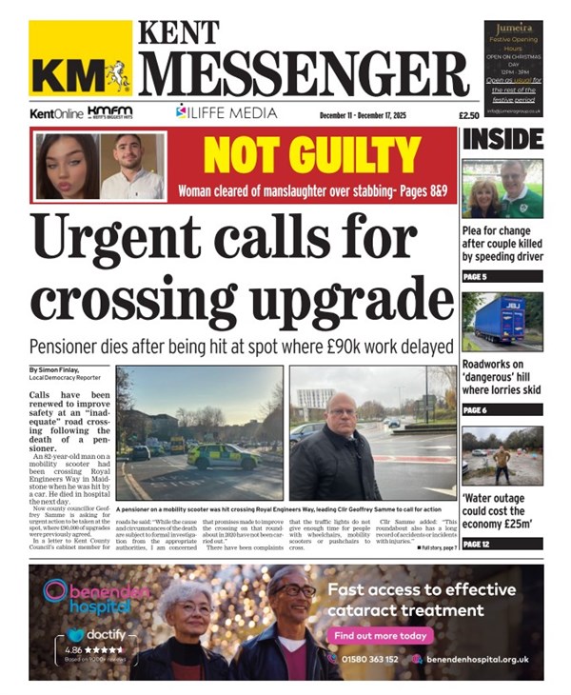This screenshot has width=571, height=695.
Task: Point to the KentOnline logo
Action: point(56,113)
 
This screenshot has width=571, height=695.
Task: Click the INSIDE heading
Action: point(502,140)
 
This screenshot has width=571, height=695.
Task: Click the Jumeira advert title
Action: point(513,30)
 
